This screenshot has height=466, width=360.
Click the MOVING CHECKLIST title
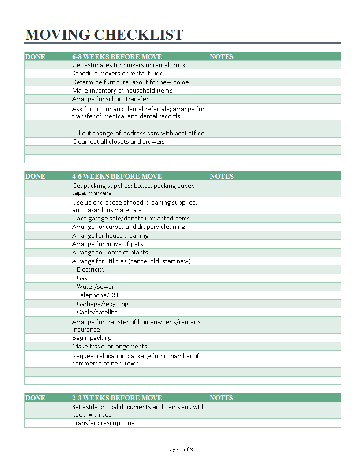tap(104, 34)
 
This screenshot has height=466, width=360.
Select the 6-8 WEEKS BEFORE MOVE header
tap(117, 56)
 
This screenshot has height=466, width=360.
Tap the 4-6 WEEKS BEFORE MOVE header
tap(117, 176)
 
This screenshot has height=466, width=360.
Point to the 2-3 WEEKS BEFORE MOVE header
tap(117, 398)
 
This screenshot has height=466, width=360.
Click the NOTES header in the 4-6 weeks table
tap(221, 176)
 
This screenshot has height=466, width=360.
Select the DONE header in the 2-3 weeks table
tap(35, 398)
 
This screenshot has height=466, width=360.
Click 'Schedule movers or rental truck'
tap(117, 73)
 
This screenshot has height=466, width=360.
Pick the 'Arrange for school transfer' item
tap(110, 99)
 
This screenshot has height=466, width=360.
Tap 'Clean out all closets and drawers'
tap(118, 142)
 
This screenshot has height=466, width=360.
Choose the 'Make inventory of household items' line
tap(122, 90)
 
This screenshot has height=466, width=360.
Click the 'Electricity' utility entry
tap(90, 269)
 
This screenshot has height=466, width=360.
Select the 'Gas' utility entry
tap(82, 278)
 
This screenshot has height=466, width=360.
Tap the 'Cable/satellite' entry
tap(97, 312)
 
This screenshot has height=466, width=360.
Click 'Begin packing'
tap(92, 338)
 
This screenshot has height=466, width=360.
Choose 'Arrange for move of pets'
tap(108, 244)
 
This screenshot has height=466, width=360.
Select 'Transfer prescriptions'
tap(103, 423)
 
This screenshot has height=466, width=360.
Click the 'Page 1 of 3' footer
tap(180, 450)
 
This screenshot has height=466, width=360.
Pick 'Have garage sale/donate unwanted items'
tap(131, 218)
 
